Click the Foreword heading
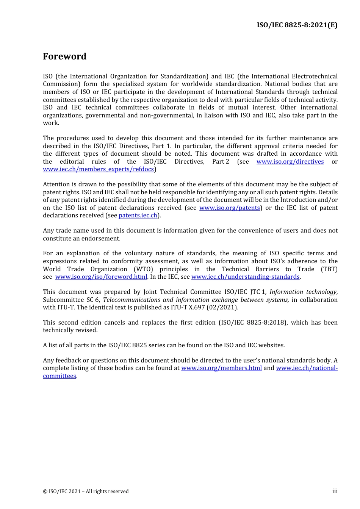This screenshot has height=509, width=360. tap(64, 56)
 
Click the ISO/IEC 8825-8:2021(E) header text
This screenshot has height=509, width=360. tap(297, 25)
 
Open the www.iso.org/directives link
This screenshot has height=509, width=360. tap(290, 162)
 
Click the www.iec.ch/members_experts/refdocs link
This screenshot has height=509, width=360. tap(99, 169)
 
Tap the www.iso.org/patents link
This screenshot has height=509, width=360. tap(230, 208)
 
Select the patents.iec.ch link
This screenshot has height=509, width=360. tap(138, 215)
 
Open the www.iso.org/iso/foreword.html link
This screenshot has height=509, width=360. tap(101, 277)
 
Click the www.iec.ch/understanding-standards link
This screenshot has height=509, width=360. tap(245, 277)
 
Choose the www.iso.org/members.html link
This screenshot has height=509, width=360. tap(221, 368)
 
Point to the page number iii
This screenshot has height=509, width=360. tap(335, 491)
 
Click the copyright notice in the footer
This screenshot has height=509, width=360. tap(86, 492)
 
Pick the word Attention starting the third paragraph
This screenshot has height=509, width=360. tap(56, 184)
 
